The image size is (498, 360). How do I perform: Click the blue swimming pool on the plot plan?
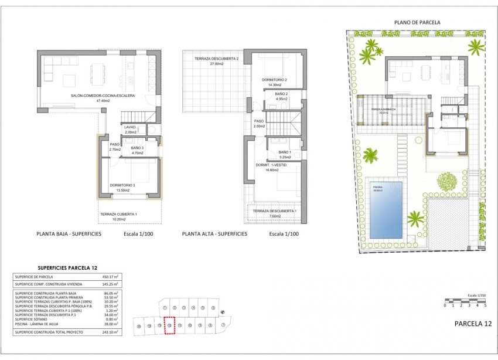386,209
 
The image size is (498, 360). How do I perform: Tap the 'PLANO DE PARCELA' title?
417,22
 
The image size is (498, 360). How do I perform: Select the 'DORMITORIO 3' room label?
122,186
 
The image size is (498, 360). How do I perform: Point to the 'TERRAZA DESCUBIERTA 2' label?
213,59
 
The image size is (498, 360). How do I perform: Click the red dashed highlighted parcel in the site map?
170,325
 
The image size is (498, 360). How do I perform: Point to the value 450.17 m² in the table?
110,277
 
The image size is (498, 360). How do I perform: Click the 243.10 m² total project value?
110,332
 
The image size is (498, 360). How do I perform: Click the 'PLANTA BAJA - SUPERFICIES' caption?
69,233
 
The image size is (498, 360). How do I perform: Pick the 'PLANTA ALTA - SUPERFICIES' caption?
214,233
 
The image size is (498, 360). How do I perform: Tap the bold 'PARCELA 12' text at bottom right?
472,324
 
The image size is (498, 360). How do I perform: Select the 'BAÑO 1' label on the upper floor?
285,154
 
